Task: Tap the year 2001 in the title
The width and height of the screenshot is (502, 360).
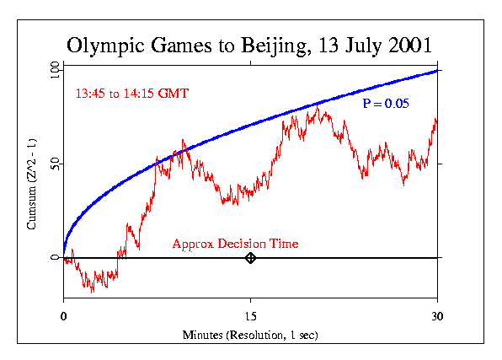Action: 410,44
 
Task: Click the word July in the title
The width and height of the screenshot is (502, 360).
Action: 360,44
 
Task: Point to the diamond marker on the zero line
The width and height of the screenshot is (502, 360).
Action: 250,258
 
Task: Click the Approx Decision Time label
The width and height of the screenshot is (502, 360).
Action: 235,244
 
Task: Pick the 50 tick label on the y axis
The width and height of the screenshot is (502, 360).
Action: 55,164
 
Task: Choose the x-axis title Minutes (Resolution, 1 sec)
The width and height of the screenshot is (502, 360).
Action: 250,335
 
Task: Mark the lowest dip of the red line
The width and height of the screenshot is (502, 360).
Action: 93,291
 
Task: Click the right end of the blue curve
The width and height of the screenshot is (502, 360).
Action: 437,70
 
